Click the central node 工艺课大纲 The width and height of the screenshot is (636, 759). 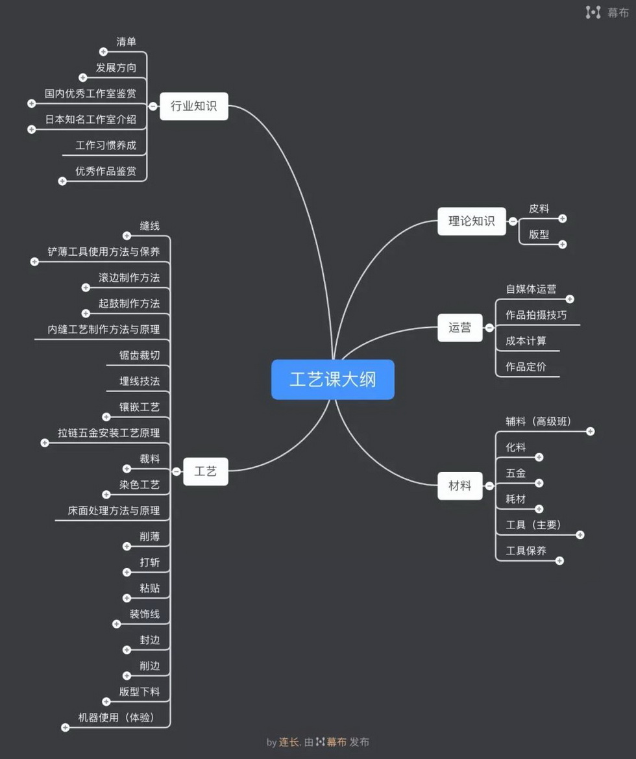click(x=332, y=379)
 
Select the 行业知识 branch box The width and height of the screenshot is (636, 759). click(x=193, y=106)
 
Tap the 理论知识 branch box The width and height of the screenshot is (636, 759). click(x=471, y=221)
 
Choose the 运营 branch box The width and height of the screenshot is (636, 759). click(x=459, y=328)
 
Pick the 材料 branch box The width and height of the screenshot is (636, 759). click(x=459, y=486)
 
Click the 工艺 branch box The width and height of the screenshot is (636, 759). click(x=205, y=471)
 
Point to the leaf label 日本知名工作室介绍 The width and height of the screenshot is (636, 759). click(x=91, y=119)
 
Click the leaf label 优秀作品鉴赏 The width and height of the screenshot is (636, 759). click(x=106, y=171)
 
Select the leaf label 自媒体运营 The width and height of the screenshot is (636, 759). click(x=531, y=290)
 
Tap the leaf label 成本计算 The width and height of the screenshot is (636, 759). click(x=526, y=341)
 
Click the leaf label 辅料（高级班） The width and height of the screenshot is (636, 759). click(x=538, y=421)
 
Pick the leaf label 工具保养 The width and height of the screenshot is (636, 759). click(x=526, y=551)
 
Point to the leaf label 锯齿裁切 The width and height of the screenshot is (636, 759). click(x=140, y=355)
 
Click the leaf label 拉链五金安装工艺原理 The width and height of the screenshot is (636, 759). click(x=108, y=433)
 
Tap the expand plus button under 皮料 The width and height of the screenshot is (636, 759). click(x=563, y=219)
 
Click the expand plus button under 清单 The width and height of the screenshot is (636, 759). click(x=103, y=52)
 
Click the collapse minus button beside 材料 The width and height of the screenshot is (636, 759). click(x=489, y=486)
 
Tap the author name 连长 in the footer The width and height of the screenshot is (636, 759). click(x=288, y=742)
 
